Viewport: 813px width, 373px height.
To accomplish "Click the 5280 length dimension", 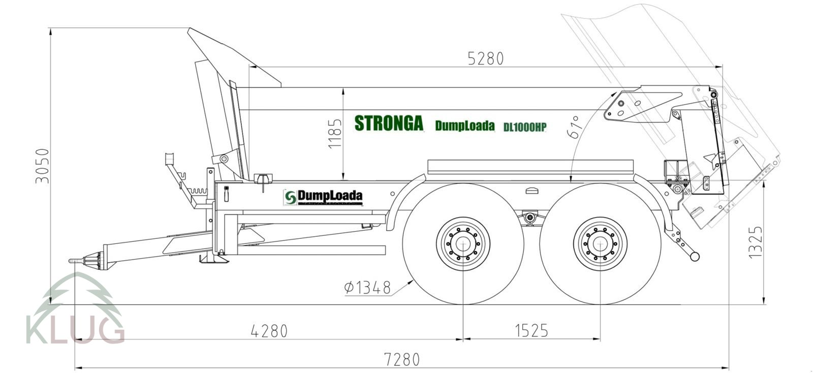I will coord(485,59).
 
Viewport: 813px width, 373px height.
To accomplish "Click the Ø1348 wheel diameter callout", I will coord(367,288).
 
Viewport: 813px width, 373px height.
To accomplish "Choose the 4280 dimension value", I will coord(269,331).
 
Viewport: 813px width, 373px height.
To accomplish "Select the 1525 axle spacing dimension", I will coord(531,331).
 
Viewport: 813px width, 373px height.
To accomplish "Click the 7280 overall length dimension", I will coord(401,360).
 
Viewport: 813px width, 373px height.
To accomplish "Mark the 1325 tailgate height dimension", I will coord(756,242).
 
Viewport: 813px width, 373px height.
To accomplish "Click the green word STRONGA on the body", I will coord(389,123).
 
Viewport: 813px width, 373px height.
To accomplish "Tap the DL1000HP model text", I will coord(524,128).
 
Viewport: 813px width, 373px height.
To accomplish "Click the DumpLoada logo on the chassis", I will coord(323,197).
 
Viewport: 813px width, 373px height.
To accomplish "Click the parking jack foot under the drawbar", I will coord(214,260).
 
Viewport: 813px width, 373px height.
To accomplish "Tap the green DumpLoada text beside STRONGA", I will coord(464,126).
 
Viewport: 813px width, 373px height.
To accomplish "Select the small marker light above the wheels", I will coord(533,191).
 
